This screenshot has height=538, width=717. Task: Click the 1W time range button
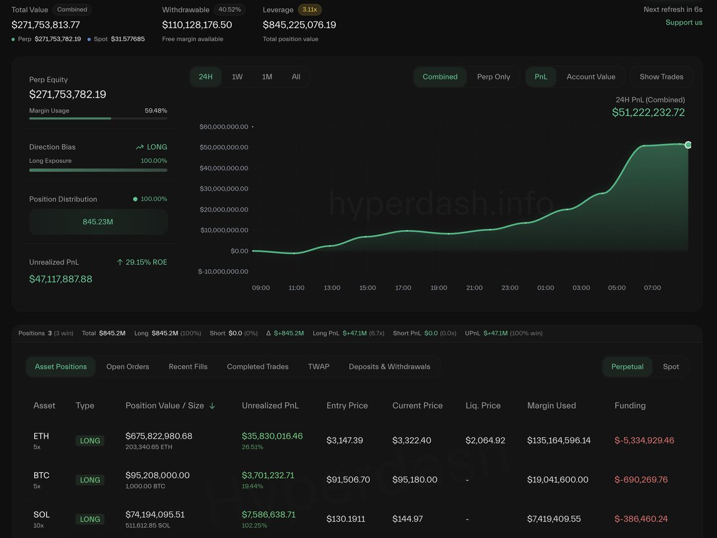pos(237,77)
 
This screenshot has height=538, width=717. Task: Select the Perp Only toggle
pos(494,77)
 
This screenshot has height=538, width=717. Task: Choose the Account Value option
pos(590,77)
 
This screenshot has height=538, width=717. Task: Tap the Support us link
pos(684,23)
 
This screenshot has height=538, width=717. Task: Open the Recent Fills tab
pos(188,366)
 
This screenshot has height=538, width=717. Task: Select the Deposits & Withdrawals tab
pos(389,366)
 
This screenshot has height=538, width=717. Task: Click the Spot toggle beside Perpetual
pos(670,366)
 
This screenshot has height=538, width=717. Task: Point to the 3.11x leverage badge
pos(310,10)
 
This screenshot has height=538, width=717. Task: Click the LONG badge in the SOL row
pos(90,519)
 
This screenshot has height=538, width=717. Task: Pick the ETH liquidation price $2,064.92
pos(485,441)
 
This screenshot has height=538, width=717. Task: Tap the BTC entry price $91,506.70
pos(348,479)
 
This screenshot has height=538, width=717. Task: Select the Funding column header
pos(630,405)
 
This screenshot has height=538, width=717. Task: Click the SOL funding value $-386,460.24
pos(641,519)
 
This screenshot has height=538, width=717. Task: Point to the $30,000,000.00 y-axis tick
pos(223,188)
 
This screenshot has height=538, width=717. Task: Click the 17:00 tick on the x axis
pos(403,288)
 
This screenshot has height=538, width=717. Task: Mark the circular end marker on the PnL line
pos(688,145)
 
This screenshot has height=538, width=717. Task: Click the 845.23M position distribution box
pos(98,222)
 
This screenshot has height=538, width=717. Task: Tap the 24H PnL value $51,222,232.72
pos(648,112)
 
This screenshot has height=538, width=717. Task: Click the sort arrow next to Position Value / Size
pos(212,405)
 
